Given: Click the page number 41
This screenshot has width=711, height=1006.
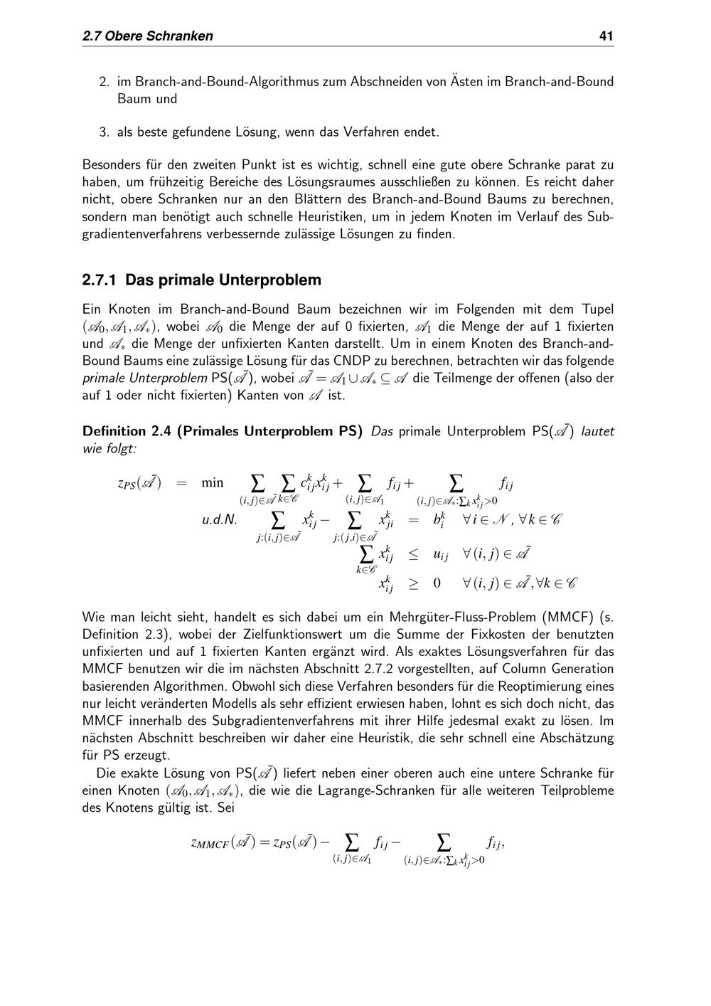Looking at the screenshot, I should (x=606, y=36).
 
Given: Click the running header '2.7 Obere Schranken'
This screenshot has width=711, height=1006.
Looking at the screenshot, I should (x=148, y=36).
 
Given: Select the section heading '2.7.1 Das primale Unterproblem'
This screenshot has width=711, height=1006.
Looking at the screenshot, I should (x=202, y=280).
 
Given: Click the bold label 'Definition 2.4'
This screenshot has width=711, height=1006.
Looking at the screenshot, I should (x=125, y=431).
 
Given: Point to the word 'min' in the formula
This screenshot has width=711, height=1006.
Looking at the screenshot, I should (x=212, y=482).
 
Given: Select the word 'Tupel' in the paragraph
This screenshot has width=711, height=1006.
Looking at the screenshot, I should (x=597, y=309).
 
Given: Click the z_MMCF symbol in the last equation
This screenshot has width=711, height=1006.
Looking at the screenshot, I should (x=210, y=844).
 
